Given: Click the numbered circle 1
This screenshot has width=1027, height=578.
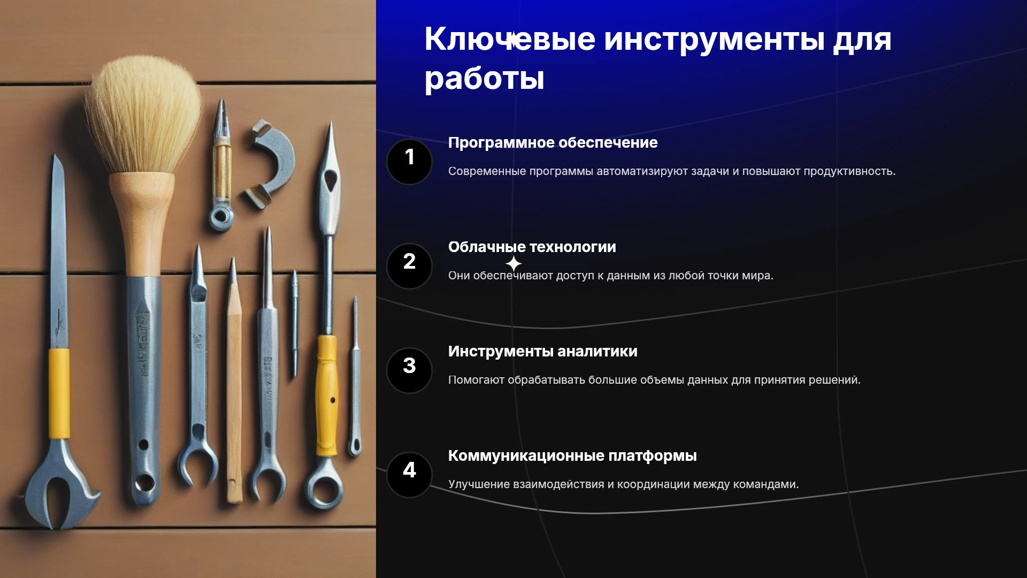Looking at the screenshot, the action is pos(409,162).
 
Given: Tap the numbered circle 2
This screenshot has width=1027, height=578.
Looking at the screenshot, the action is pos(409,266).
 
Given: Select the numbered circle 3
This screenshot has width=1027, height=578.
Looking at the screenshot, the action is pos(409,370).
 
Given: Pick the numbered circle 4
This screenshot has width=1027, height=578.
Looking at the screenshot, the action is pos(409,475).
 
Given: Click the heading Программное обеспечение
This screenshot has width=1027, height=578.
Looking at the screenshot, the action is pos(553,143).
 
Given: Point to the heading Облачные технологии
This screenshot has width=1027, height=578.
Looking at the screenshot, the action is pos(532,247).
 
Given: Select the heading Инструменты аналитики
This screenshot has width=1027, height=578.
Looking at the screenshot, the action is pos(542,352).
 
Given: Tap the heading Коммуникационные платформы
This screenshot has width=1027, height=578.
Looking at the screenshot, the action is pos(572,456).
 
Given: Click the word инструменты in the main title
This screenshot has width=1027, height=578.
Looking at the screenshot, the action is pos(714,40).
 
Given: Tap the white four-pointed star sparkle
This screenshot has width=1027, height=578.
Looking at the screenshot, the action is pos(513,263).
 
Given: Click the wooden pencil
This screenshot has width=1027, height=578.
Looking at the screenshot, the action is pos(234,380).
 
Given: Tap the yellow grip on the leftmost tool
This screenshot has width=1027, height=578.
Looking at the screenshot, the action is pos(59,393).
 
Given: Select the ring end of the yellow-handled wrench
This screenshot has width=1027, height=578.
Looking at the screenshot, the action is pos(324,483).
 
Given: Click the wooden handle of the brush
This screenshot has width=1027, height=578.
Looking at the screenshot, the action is pos(143,225).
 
